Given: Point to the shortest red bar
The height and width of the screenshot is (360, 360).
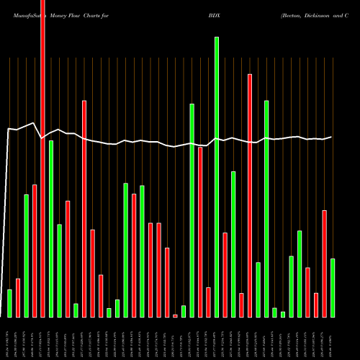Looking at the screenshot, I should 175,315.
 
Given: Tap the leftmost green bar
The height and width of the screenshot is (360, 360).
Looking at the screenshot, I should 9,303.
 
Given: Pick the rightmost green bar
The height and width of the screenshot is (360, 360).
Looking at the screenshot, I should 333,288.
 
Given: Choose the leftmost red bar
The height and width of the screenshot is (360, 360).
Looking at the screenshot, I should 18,297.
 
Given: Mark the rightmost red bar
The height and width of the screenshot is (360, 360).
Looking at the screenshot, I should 325,264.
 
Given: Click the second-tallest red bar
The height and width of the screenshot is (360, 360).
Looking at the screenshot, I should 250,195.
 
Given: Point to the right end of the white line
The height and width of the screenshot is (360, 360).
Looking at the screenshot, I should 332,137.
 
